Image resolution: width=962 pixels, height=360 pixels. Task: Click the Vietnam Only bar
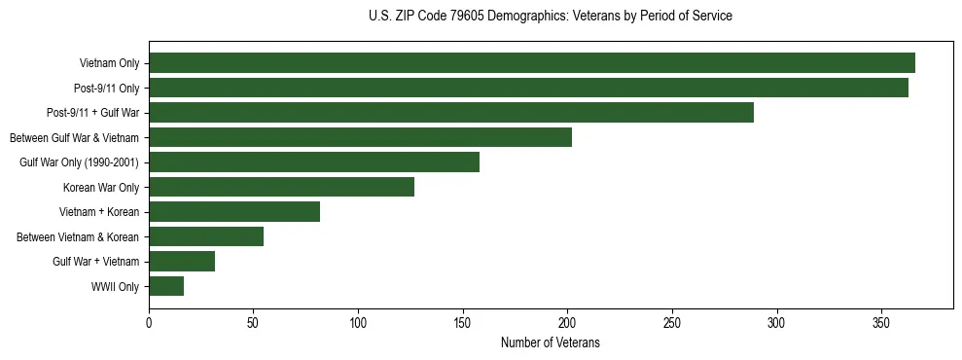tap(532, 63)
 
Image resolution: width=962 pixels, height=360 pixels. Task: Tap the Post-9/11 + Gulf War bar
tap(451, 113)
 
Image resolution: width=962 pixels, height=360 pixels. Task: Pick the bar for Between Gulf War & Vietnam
tap(360, 137)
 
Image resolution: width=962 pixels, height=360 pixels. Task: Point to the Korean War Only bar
tap(281, 187)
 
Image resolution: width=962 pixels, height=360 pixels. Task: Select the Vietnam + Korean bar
tap(234, 212)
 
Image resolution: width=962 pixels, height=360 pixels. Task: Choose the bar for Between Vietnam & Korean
tap(206, 236)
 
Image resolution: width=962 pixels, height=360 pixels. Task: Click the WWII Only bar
tap(166, 286)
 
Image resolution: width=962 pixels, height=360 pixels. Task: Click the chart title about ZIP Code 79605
tap(551, 17)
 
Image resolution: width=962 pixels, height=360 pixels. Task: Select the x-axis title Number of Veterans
tap(551, 343)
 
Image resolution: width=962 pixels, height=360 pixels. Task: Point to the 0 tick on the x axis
tap(149, 322)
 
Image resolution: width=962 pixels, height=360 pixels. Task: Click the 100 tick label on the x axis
tap(358, 322)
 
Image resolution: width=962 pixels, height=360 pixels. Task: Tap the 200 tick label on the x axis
tap(567, 322)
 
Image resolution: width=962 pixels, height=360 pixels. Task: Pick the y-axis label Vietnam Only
tap(109, 64)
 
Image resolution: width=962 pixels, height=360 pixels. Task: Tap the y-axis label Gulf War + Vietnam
tap(96, 262)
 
